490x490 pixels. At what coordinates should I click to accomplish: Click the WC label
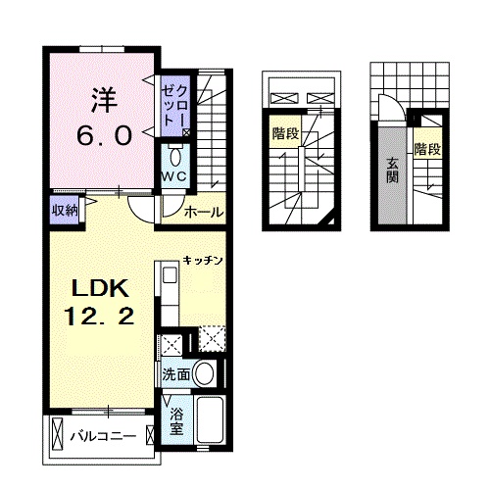175,175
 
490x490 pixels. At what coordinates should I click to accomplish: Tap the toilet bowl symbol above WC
175,156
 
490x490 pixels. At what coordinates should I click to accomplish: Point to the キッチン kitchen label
204,261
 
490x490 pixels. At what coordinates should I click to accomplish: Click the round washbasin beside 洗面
205,373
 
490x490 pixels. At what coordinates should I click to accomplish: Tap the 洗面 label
175,373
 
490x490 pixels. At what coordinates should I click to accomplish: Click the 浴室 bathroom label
175,422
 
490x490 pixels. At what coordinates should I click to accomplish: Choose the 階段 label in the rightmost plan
427,150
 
